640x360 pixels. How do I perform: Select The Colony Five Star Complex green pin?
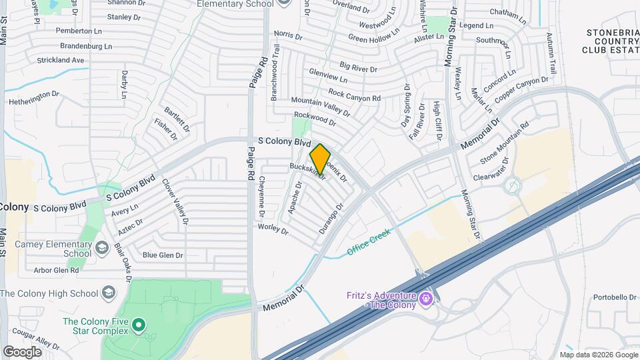[x=139, y=326]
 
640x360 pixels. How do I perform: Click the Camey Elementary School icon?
[x=102, y=249]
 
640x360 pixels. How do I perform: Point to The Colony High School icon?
[x=109, y=293]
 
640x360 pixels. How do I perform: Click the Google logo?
[x=23, y=351]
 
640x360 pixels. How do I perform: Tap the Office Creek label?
[x=369, y=243]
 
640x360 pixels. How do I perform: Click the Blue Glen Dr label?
[x=163, y=255]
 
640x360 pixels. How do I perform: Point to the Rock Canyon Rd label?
[x=355, y=97]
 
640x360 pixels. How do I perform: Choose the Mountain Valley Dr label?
[x=321, y=103]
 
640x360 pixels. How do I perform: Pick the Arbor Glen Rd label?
[x=56, y=271]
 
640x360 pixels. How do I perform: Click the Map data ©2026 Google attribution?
[x=598, y=355]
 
